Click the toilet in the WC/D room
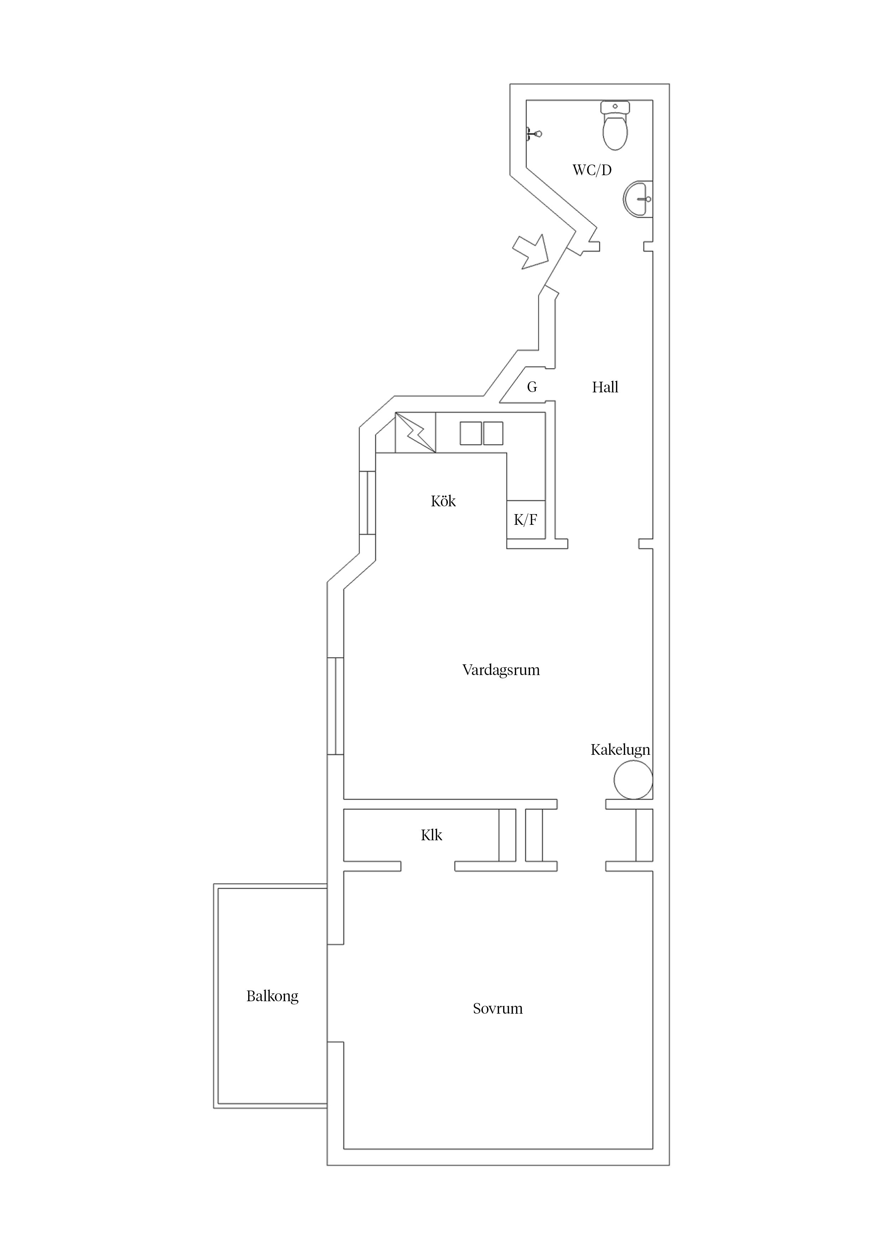tap(615, 126)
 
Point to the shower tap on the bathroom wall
tap(533, 133)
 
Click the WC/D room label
tap(592, 170)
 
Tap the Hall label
tap(605, 387)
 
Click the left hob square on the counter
tap(471, 434)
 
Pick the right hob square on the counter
tap(493, 434)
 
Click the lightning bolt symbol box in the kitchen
tap(415, 433)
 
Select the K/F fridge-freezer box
tap(526, 519)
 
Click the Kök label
tap(443, 501)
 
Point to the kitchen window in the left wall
tap(367, 503)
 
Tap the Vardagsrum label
tap(501, 670)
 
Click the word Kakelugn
tap(620, 749)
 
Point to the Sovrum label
tap(497, 1009)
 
